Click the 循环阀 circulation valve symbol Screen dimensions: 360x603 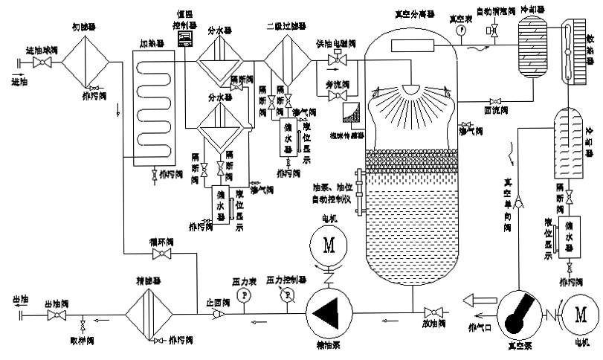159,255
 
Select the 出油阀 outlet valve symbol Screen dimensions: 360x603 54,315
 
